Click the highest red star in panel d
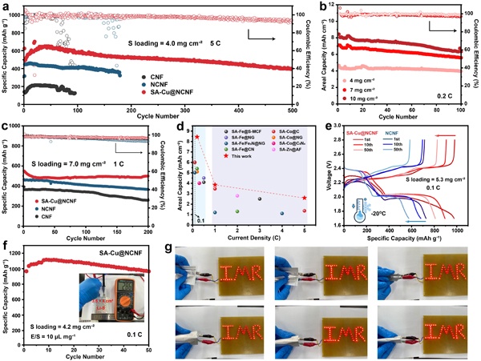click(196, 137)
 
